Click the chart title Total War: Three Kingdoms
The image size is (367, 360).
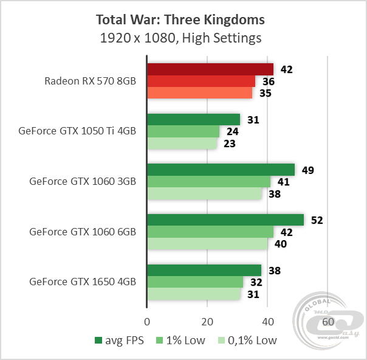[x=180, y=19]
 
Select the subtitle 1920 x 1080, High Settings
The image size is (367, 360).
[x=180, y=38]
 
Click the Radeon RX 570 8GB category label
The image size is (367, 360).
[x=90, y=81]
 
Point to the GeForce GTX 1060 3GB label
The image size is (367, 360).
[x=82, y=181]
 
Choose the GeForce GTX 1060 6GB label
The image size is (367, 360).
[x=82, y=232]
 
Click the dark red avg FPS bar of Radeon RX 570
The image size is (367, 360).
[x=210, y=69]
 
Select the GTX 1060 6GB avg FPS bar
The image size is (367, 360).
[x=225, y=220]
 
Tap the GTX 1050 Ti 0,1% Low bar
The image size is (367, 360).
[x=182, y=144]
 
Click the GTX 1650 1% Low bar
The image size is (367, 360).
[x=195, y=282]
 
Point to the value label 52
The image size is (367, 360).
[x=317, y=220]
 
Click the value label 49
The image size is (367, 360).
[x=307, y=170]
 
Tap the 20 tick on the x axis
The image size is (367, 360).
[x=207, y=321]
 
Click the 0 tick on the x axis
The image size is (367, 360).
[x=147, y=321]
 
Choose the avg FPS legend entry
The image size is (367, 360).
[x=119, y=341]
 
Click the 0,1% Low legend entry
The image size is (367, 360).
[x=247, y=341]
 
